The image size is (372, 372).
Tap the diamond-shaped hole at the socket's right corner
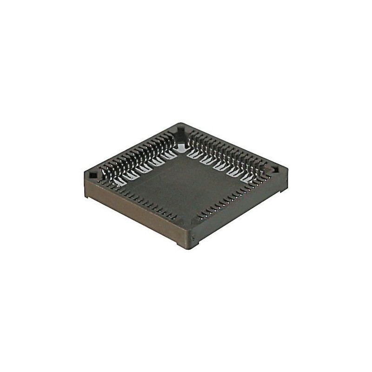click(275, 171)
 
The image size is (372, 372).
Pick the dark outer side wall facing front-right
click(237, 214)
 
